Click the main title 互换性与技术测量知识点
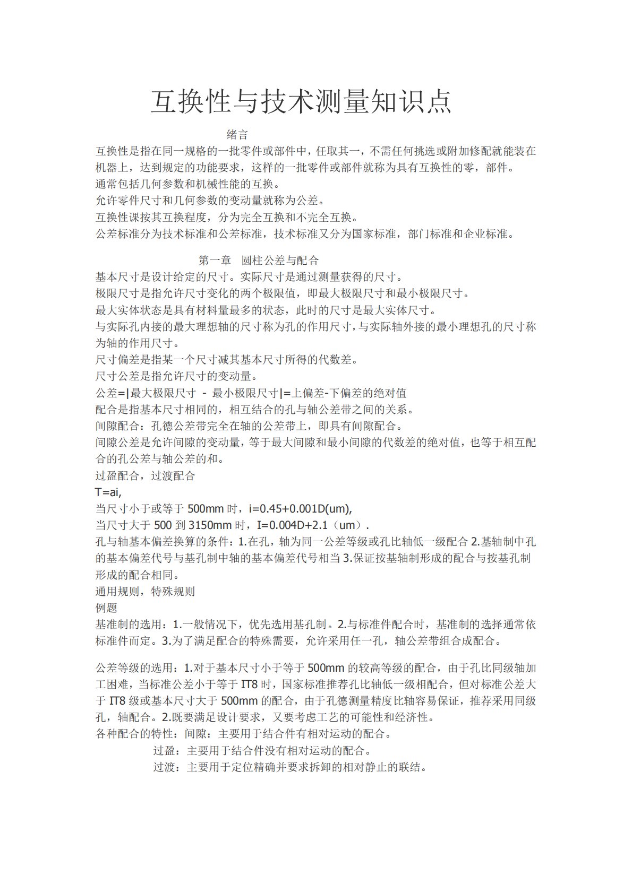[x=301, y=102]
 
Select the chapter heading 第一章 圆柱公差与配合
[x=259, y=261]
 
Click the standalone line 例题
[x=106, y=608]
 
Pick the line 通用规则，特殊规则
[x=145, y=592]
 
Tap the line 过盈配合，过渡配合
[x=145, y=476]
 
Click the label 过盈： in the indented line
[x=169, y=751]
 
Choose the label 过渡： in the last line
[x=169, y=768]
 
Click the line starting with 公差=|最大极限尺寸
[x=251, y=393]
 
